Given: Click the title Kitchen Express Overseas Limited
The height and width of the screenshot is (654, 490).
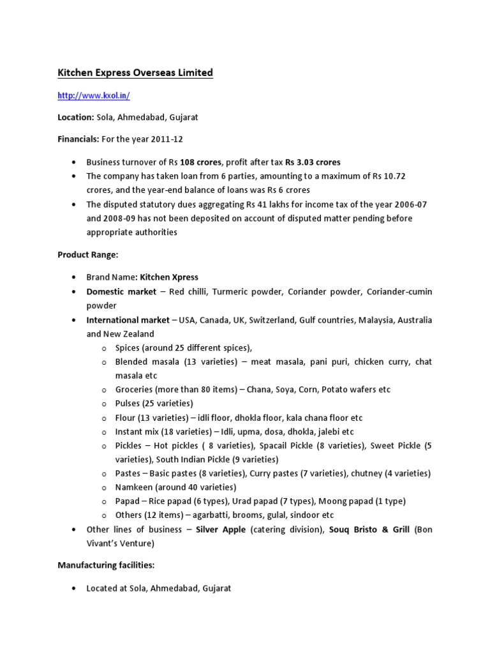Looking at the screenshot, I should [x=135, y=73].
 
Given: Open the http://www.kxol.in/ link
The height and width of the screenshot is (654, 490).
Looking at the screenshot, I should [x=94, y=96].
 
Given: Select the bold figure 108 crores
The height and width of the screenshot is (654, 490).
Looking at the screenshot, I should [x=202, y=162].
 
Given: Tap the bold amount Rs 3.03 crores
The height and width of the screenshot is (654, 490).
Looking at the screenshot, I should [x=313, y=162].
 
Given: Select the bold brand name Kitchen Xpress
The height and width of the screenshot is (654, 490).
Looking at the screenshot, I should [x=169, y=277].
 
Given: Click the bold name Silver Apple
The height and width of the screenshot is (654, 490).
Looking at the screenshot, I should [x=221, y=529].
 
